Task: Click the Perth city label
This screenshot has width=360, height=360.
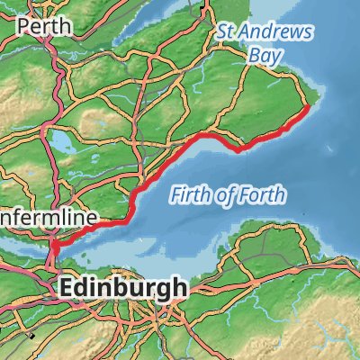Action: point(44,26)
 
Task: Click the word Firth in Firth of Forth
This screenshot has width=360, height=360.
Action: point(191,195)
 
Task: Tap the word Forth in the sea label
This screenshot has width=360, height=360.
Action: point(264,194)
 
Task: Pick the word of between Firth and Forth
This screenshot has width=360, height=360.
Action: point(226,194)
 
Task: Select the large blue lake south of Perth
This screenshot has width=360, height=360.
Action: point(60,142)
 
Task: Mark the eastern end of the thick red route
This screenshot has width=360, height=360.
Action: point(308,107)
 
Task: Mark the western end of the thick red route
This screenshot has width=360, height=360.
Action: point(52,245)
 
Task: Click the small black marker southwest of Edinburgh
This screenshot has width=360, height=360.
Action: point(32,335)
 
